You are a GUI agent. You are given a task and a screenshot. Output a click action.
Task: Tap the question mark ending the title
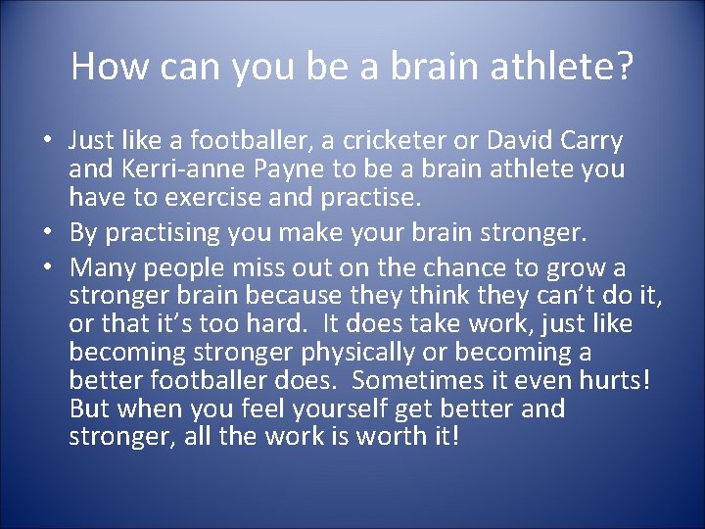pos(624,67)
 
